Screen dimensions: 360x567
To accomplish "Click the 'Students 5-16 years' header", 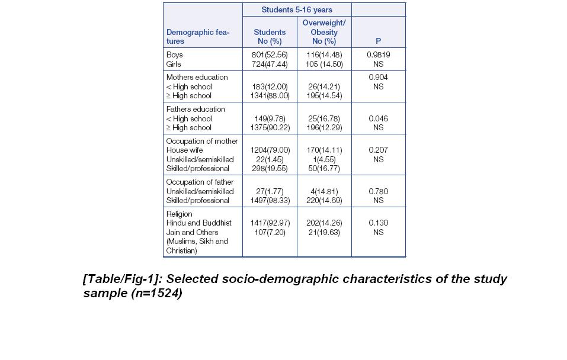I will click(297, 9).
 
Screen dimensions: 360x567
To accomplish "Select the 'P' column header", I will click(378, 41).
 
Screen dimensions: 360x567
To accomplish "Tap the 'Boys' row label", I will click(175, 54).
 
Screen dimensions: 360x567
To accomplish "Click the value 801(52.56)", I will click(270, 54).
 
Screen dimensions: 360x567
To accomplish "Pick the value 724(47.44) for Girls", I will click(270, 64).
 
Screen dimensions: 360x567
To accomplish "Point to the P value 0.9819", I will click(379, 54).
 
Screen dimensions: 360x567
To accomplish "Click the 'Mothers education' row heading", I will click(197, 77).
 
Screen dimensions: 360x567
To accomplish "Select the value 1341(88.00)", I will click(270, 95).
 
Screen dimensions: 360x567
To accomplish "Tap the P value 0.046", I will click(379, 118).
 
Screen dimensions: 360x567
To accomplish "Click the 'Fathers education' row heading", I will click(196, 109).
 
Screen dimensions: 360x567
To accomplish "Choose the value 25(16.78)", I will click(324, 118).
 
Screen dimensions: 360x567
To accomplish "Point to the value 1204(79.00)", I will click(270, 150).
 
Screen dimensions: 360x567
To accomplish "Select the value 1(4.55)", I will click(324, 159).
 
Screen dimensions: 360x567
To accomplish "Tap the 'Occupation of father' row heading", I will click(200, 182).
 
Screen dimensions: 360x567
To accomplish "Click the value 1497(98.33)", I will click(270, 200).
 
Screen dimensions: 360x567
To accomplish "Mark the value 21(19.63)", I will click(324, 232).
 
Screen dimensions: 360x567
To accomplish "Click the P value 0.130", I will click(379, 223).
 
